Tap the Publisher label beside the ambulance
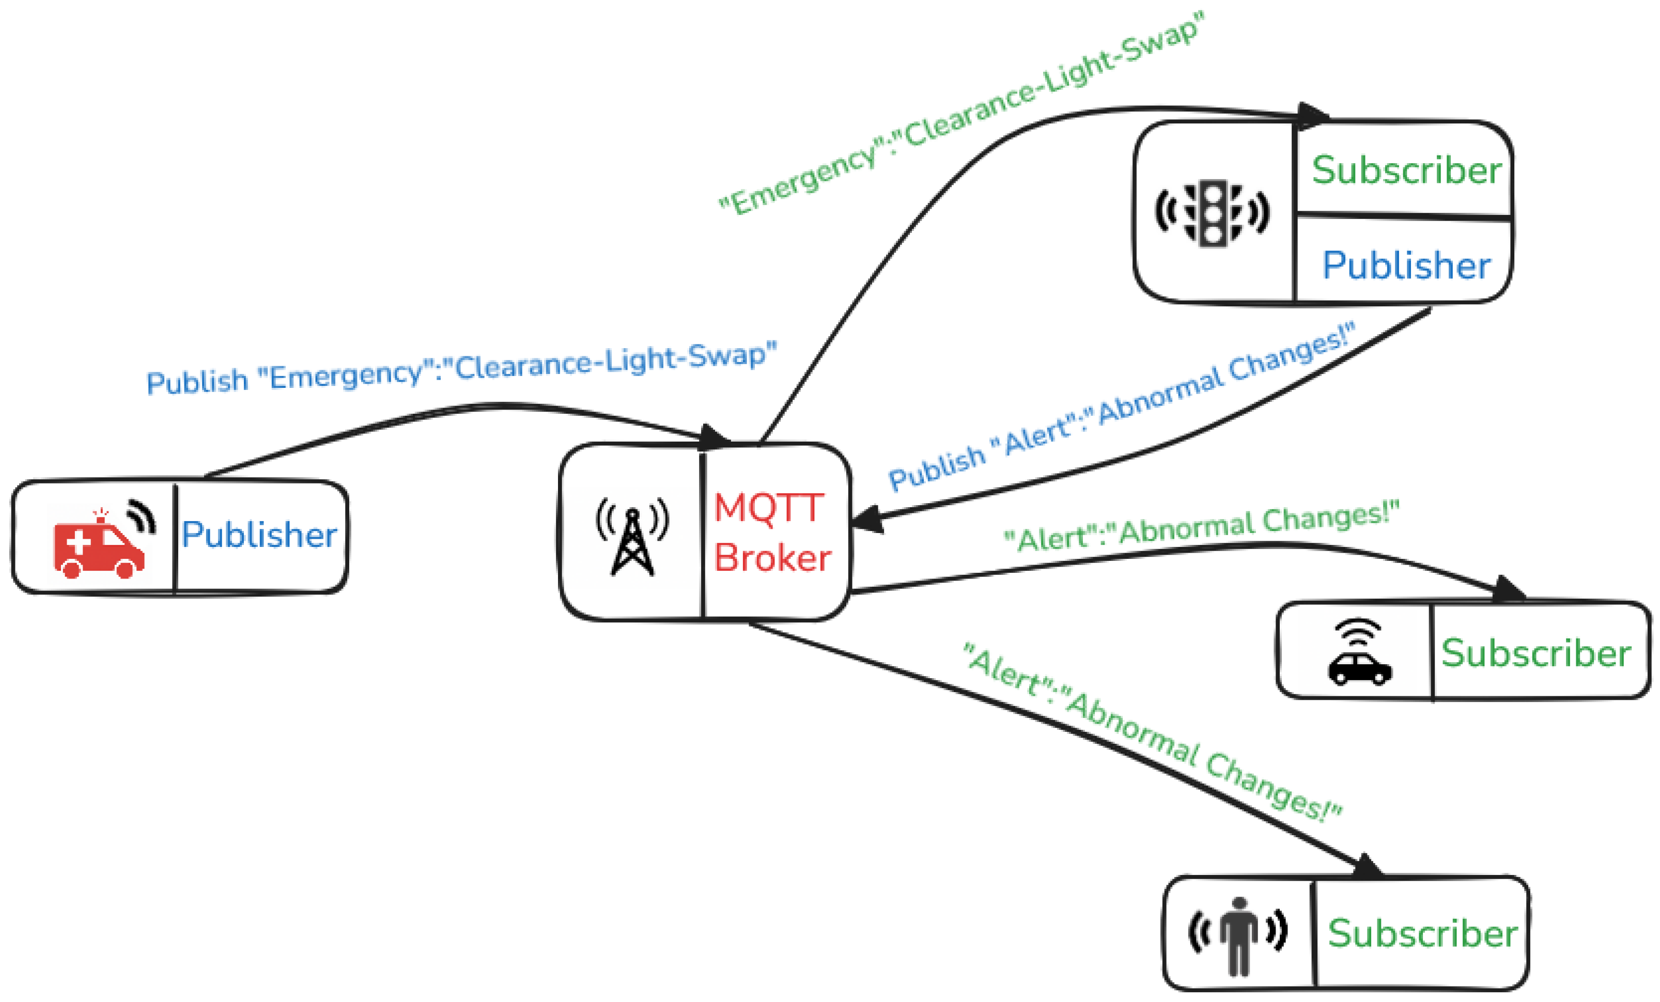pos(259,535)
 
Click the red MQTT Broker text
pos(772,533)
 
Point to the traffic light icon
pos(1213,213)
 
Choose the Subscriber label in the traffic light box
pos(1406,170)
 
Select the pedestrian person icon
pos(1238,936)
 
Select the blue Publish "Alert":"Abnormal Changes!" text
pos(1122,408)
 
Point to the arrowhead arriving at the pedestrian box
pos(1368,867)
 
